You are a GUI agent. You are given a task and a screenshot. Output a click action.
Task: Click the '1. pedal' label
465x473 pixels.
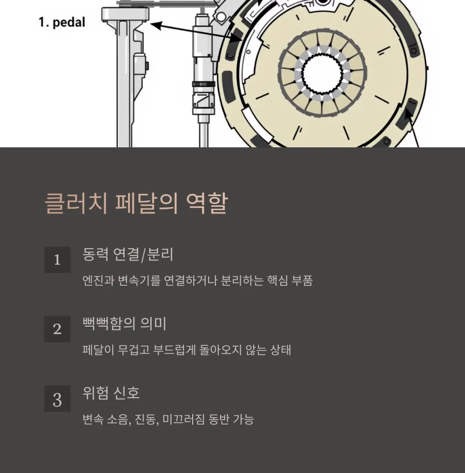[61, 23]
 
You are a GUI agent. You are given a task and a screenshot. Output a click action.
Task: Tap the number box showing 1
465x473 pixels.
[57, 260]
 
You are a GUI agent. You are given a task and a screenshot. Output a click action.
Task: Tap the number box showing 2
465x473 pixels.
[57, 329]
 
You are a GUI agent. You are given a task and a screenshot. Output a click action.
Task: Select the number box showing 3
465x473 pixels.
[57, 400]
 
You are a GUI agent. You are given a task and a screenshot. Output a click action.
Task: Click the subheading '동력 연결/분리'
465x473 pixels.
[128, 254]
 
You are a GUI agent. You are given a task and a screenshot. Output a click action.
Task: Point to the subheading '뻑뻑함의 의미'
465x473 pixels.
[125, 324]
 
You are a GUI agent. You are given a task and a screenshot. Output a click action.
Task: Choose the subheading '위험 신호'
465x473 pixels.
[111, 393]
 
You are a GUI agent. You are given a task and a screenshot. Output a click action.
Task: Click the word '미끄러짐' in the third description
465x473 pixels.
[183, 419]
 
